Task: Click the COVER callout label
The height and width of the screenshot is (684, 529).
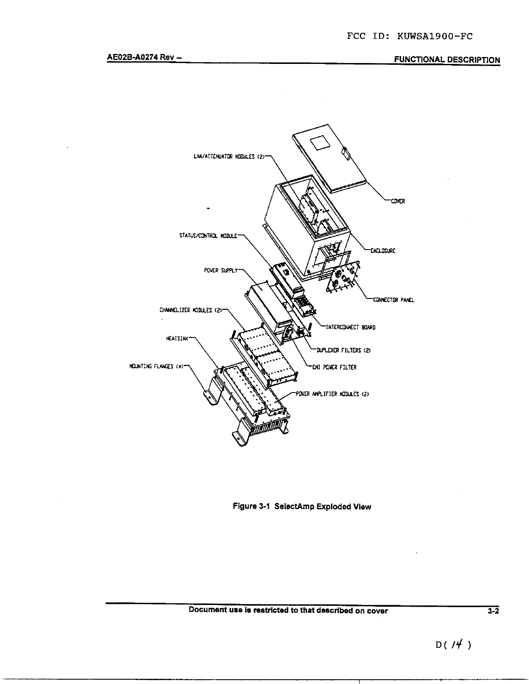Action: [x=398, y=201]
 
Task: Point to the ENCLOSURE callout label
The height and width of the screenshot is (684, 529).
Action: [x=382, y=251]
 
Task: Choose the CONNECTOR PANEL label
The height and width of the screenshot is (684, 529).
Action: [x=393, y=301]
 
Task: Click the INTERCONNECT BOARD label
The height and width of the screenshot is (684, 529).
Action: [x=350, y=327]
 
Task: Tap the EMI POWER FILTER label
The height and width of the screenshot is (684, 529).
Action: [x=335, y=367]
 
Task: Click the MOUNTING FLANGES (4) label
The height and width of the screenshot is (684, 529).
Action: [x=151, y=367]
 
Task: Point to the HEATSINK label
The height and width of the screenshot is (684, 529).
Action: [x=177, y=339]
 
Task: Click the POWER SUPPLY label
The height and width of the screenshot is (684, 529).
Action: [x=220, y=271]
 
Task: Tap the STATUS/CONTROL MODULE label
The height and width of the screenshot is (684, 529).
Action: [x=208, y=236]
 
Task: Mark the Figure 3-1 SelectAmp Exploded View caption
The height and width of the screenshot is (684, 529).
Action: [x=302, y=507]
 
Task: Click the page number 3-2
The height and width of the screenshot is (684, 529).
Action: [x=493, y=611]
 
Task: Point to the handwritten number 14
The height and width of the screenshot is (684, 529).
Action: [x=453, y=645]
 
